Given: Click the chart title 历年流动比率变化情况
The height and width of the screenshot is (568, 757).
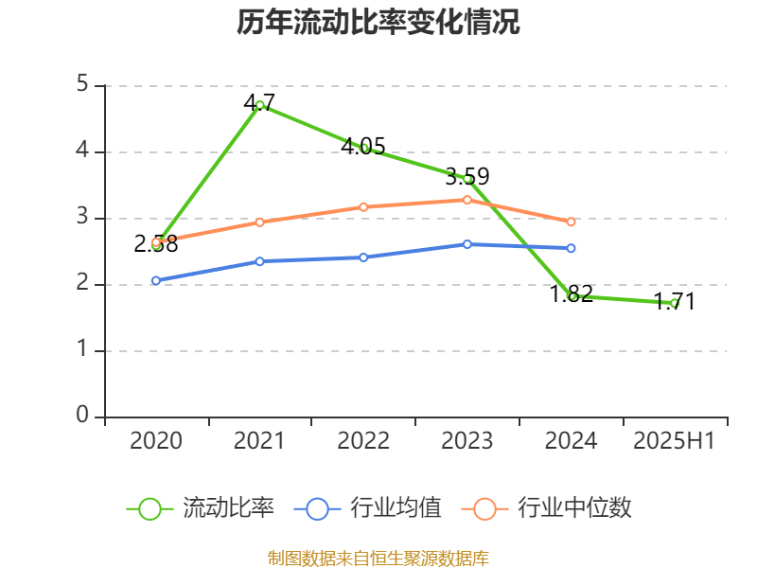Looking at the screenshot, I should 378,23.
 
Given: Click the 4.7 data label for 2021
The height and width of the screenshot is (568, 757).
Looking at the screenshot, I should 259,101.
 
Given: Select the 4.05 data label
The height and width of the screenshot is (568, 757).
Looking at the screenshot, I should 363,146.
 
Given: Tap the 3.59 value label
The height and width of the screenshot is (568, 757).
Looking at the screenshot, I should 467,176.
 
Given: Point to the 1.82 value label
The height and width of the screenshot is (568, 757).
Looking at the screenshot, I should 572,293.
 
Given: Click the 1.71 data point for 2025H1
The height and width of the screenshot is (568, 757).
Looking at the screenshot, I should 676,303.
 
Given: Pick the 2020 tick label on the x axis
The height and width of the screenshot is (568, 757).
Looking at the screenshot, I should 156,441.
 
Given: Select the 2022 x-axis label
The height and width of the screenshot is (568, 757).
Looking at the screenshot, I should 363,441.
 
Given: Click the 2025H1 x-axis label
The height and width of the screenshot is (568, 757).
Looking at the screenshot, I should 675,441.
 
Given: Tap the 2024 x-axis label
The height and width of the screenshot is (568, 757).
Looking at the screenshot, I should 572,441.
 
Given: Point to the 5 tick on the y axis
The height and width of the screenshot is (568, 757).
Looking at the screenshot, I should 83,85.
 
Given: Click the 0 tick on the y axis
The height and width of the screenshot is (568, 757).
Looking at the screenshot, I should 83,417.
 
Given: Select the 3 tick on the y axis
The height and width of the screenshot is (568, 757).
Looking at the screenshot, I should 83,218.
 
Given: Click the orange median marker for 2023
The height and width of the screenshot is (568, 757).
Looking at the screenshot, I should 467,199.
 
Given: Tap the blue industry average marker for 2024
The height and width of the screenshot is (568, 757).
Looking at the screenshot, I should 572,248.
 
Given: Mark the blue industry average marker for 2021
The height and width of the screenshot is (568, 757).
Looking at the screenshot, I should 259,260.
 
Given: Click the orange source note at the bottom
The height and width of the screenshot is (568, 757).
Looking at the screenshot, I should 378,558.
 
